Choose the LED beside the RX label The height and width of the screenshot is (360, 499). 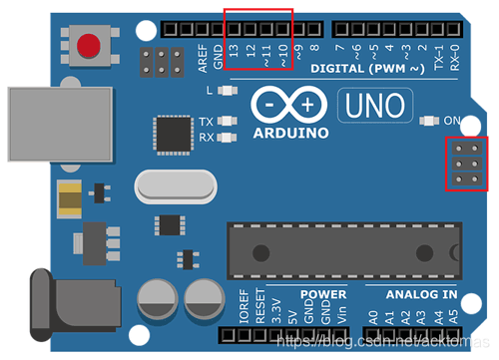pos(229,137)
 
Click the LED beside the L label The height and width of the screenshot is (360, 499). pos(229,91)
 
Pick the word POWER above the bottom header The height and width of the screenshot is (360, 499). pos(322,295)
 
